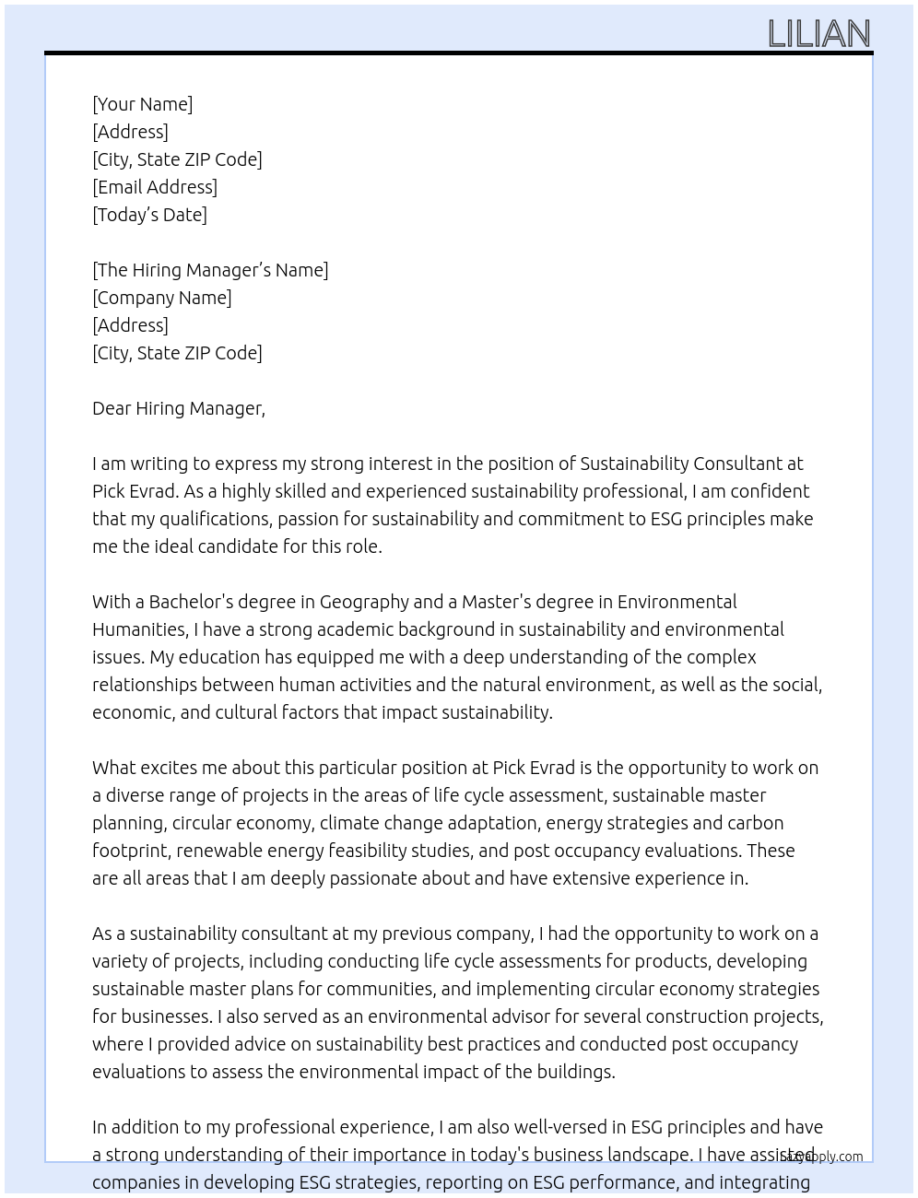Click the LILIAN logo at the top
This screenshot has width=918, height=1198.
(818, 34)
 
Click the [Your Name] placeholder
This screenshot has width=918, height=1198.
(142, 104)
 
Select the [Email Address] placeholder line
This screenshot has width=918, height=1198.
(155, 187)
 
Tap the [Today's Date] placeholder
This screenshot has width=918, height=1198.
(149, 215)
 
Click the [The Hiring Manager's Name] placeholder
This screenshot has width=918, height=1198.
(210, 270)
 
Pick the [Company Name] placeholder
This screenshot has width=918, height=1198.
(161, 298)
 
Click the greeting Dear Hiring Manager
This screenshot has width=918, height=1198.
(178, 408)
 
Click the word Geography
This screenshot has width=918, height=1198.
(364, 602)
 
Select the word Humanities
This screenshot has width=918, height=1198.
(138, 629)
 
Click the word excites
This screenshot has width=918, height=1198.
(168, 768)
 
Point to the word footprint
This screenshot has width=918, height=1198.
(130, 851)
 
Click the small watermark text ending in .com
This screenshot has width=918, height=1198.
(823, 1157)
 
